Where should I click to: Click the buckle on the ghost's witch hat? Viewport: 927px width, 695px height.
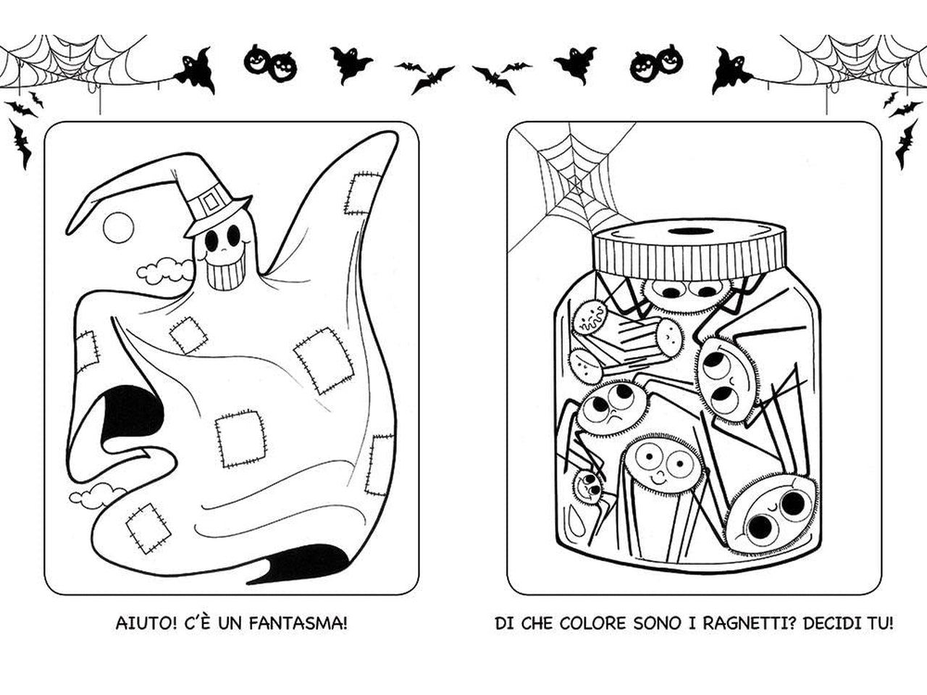click(213, 200)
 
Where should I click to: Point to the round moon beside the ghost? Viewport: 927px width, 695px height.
click(118, 227)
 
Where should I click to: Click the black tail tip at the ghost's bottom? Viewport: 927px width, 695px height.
click(301, 565)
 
